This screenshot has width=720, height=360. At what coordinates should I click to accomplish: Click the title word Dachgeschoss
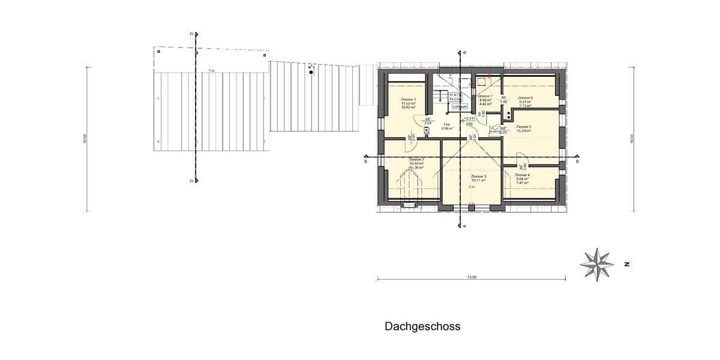[x=422, y=326]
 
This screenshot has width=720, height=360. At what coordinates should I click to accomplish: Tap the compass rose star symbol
[x=597, y=263]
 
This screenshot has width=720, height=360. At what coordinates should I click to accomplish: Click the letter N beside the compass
[x=626, y=263]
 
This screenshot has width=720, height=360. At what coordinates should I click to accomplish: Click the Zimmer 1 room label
[x=408, y=99]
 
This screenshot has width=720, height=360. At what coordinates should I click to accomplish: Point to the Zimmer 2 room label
[x=416, y=160]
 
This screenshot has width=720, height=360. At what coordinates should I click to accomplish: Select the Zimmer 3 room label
[x=478, y=176]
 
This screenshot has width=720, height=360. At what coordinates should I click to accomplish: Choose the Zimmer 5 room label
[x=523, y=127]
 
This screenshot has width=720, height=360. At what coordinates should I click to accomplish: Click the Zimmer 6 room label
[x=525, y=98]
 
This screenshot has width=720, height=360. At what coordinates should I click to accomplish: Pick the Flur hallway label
[x=446, y=124]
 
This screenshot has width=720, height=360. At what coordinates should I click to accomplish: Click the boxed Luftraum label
[x=460, y=106]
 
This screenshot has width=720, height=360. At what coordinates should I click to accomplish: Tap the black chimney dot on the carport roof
[x=311, y=71]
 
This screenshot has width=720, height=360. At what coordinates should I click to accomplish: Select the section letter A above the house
[x=464, y=53]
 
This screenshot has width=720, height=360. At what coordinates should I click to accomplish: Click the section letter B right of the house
[x=577, y=161]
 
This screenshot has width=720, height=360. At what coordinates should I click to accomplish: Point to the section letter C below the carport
[x=191, y=180]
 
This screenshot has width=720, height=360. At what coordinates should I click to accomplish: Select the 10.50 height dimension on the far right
[x=632, y=139]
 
